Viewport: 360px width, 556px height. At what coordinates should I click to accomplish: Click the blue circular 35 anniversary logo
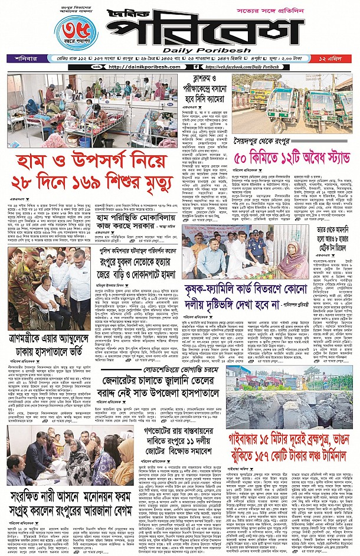click(75, 33)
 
